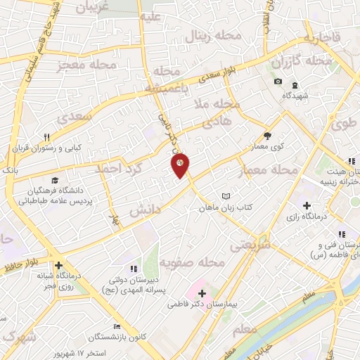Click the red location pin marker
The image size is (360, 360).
(181, 165)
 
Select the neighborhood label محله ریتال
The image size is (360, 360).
(216, 37)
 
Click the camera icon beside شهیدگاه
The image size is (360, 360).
(278, 82)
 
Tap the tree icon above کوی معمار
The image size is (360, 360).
(266, 136)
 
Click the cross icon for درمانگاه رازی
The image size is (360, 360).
(306, 205)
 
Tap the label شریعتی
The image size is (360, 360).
(250, 244)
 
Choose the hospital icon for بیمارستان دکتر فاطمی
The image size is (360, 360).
(202, 292)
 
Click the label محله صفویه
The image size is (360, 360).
(191, 263)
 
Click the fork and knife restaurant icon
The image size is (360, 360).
(46, 138)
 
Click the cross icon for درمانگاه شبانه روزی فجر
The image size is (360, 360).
(60, 257)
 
